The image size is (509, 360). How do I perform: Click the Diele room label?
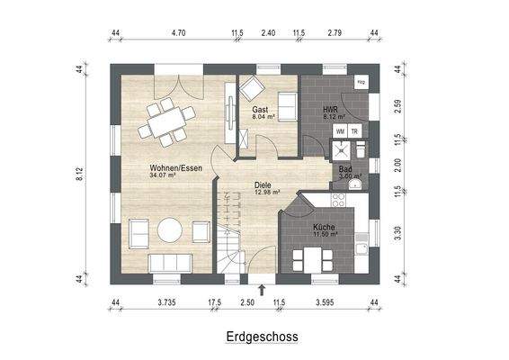tap(263, 184)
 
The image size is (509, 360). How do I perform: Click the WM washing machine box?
tap(340, 130)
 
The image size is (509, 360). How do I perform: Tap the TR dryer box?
tap(354, 130)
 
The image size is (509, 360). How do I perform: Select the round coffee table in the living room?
tap(169, 231)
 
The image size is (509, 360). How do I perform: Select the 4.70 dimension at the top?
tap(178, 33)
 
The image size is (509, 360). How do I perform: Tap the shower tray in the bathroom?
tap(355, 148)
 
